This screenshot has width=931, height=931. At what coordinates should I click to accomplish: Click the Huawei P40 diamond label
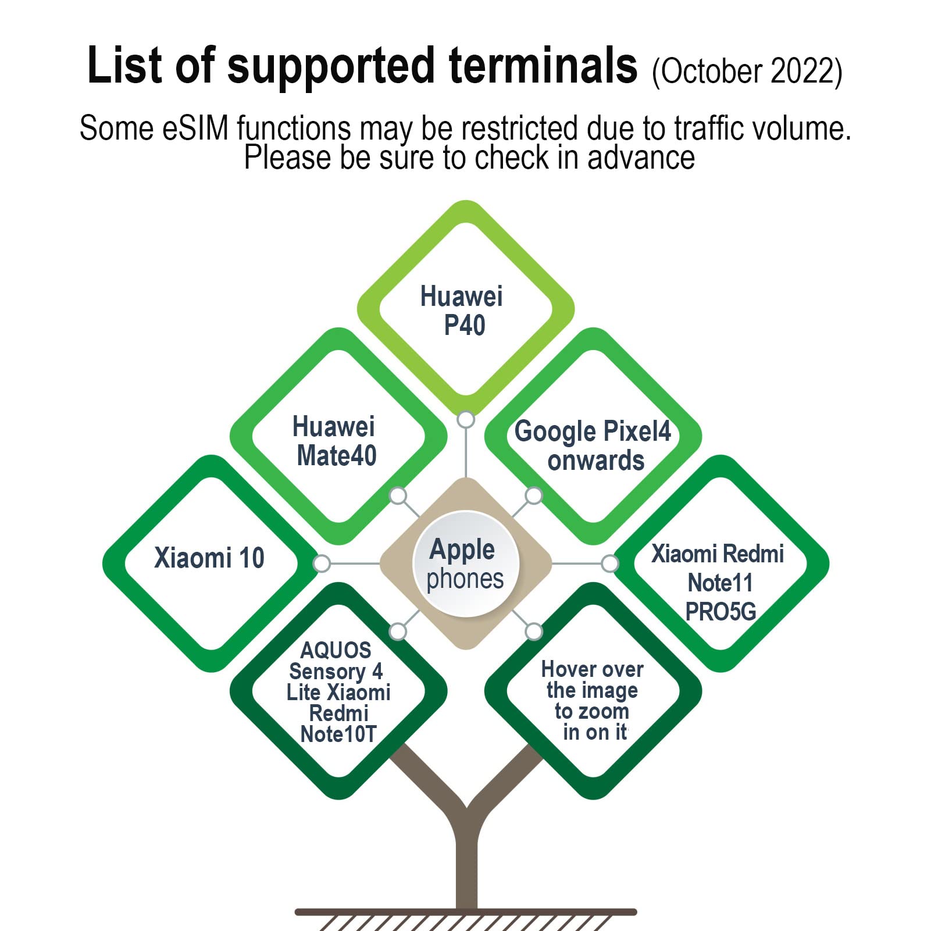coord(462,311)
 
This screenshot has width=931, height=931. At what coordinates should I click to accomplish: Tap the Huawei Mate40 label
coord(336,441)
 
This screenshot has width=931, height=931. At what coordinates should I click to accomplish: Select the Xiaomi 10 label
coord(209,558)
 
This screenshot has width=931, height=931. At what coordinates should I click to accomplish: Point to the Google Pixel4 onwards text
coord(593,445)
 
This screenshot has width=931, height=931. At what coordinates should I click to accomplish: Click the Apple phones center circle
coord(465,563)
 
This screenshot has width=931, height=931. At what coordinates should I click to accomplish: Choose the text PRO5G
coord(720,611)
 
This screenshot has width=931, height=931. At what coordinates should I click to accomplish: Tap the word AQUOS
coord(336,650)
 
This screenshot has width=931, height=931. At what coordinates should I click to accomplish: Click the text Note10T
coord(338,734)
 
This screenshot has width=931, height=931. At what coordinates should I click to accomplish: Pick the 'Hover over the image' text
coord(592,680)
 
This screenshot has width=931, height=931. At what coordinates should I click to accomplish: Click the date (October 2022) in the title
coord(747,72)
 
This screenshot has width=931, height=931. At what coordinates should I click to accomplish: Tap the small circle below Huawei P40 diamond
coord(466,419)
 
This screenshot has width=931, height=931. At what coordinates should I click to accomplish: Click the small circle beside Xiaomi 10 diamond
coord(322,563)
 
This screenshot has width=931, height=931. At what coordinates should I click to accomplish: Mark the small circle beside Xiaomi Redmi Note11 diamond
coord(610,563)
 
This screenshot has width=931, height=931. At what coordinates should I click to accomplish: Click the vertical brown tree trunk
coord(466,861)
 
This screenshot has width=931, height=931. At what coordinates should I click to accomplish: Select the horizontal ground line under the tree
coord(465,912)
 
